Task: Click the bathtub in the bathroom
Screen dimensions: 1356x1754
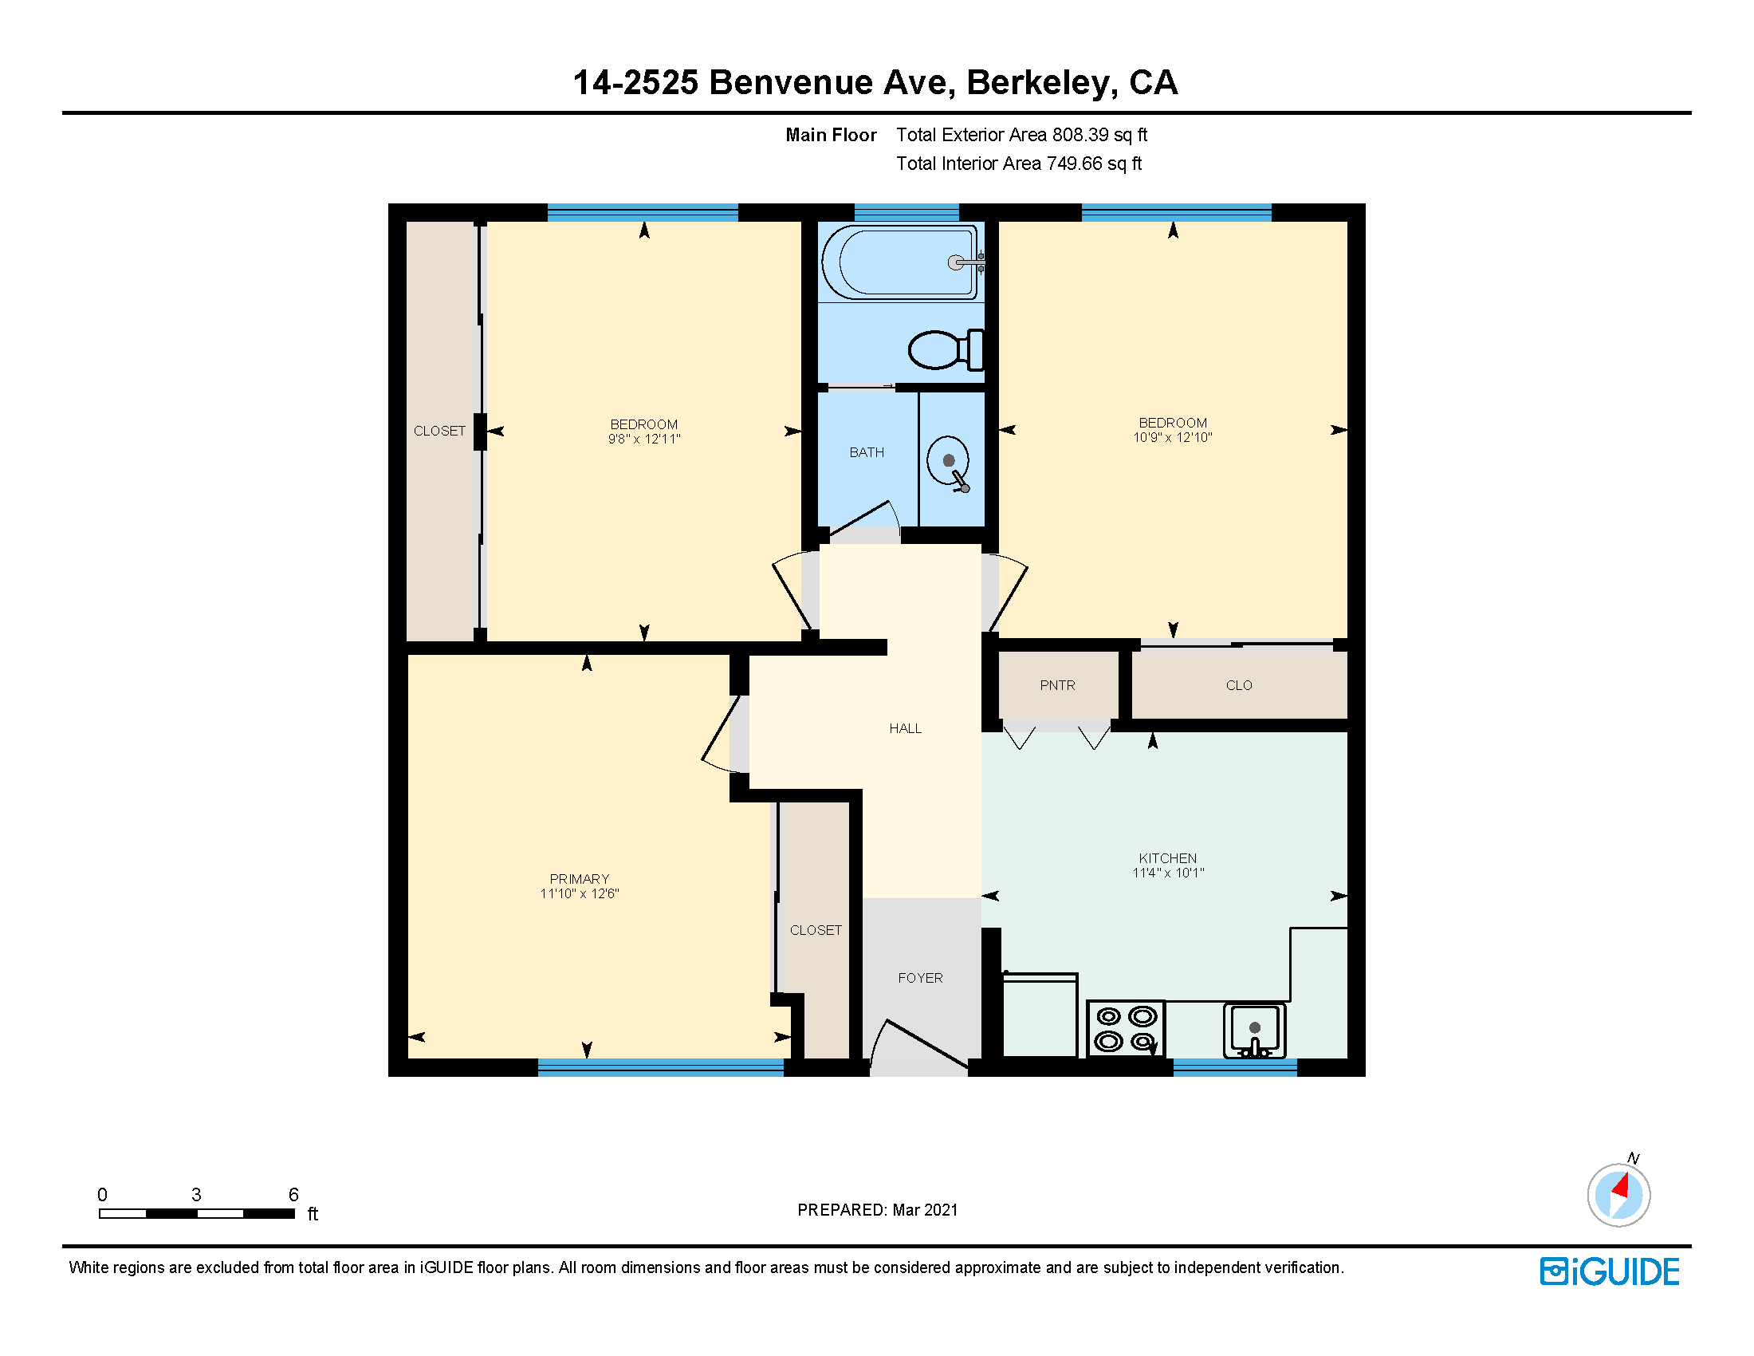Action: tap(899, 262)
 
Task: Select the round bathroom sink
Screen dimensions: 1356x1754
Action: tap(949, 462)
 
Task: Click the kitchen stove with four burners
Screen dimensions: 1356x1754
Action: tap(1125, 1029)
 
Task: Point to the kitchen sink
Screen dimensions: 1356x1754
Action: tap(1253, 1030)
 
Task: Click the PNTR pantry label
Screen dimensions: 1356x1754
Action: tap(1057, 685)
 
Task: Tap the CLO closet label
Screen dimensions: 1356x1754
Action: tap(1238, 685)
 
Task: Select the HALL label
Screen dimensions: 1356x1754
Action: tap(905, 728)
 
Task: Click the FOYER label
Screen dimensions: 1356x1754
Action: tap(920, 978)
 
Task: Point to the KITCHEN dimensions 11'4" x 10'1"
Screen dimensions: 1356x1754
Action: tap(1168, 873)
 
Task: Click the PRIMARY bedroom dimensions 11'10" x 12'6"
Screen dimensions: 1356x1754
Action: tap(579, 893)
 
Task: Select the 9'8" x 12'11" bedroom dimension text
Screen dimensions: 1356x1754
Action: tap(644, 439)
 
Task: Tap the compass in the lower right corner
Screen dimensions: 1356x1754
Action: tap(1618, 1195)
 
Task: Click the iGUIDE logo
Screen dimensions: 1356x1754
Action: tap(1610, 1271)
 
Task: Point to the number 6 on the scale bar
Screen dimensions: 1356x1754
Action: tap(293, 1195)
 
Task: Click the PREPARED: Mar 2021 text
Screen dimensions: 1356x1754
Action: tap(877, 1210)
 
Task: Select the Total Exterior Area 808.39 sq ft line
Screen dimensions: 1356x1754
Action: tap(1021, 135)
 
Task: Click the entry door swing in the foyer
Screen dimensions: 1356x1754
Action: tap(923, 1044)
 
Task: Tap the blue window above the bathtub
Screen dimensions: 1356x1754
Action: tap(906, 213)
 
